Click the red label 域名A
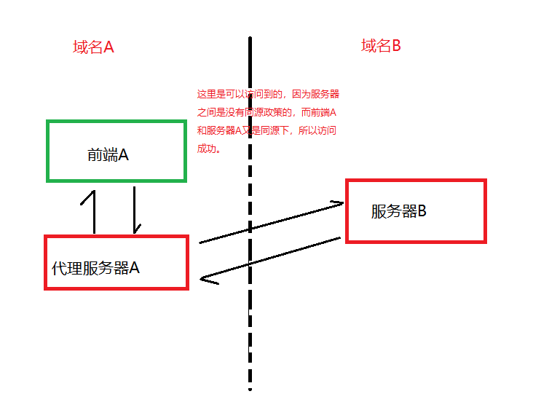point(93,48)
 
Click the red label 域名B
point(381,47)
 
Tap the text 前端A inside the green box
point(108,154)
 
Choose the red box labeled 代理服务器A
point(117,285)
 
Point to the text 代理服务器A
point(95,267)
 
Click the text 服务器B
point(398,212)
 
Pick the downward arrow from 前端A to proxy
point(135,211)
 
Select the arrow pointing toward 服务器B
point(269,222)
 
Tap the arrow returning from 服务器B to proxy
point(269,259)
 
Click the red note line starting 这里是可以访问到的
point(268,95)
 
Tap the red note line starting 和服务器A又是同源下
point(266,131)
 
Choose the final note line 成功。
point(209,149)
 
